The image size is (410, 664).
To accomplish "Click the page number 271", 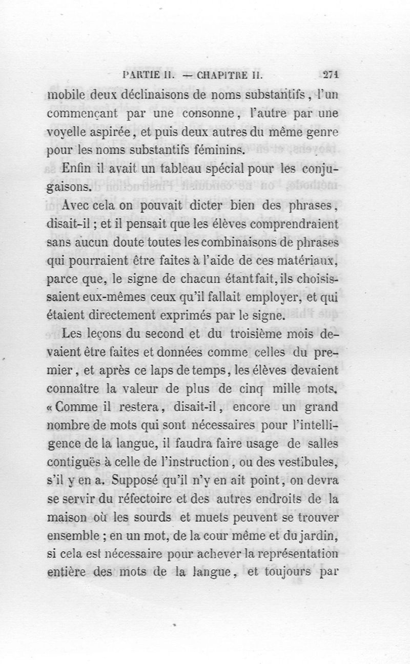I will pos(332,74).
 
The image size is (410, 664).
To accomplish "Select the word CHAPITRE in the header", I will pos(225,74).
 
